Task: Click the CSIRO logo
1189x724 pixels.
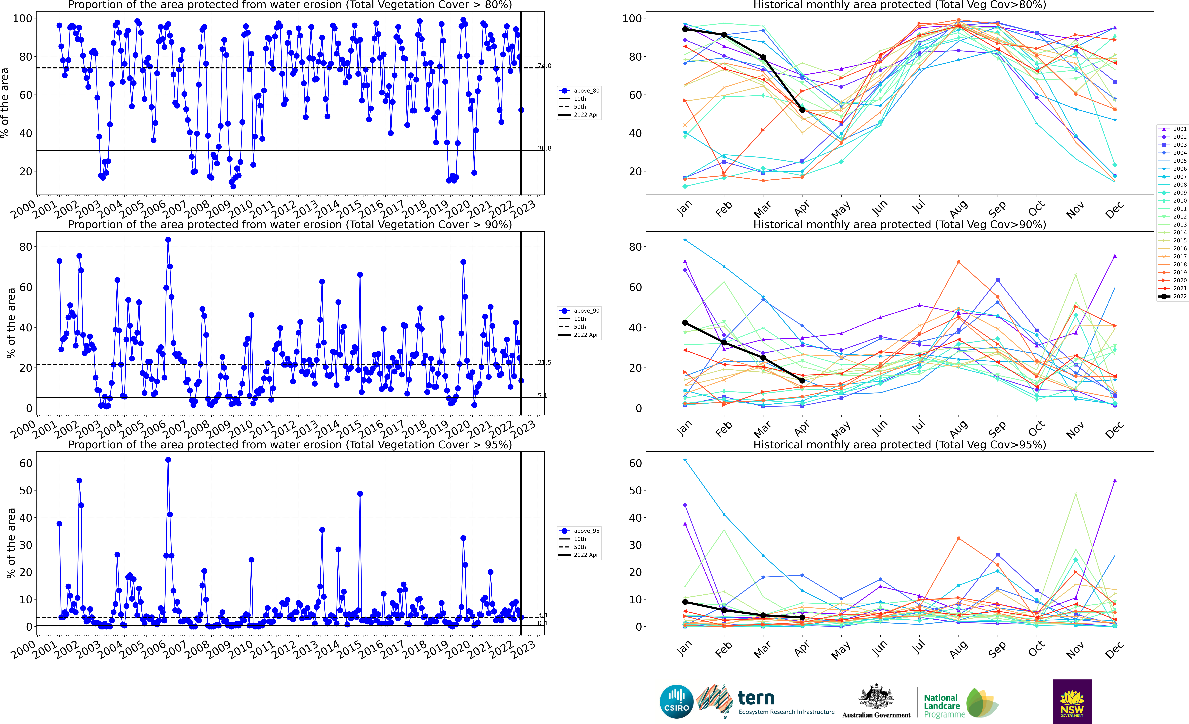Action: point(677,701)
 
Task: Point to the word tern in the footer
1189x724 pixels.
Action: point(756,698)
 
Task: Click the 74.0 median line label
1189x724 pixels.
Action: point(544,66)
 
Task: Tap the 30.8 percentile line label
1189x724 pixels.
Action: point(544,148)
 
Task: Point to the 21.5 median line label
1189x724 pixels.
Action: point(544,362)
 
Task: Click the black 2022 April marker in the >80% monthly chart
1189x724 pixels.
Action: point(802,110)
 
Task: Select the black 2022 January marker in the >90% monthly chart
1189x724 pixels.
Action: point(685,323)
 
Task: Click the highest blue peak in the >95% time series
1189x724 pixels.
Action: point(168,460)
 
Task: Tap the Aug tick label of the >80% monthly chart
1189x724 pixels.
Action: point(958,209)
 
